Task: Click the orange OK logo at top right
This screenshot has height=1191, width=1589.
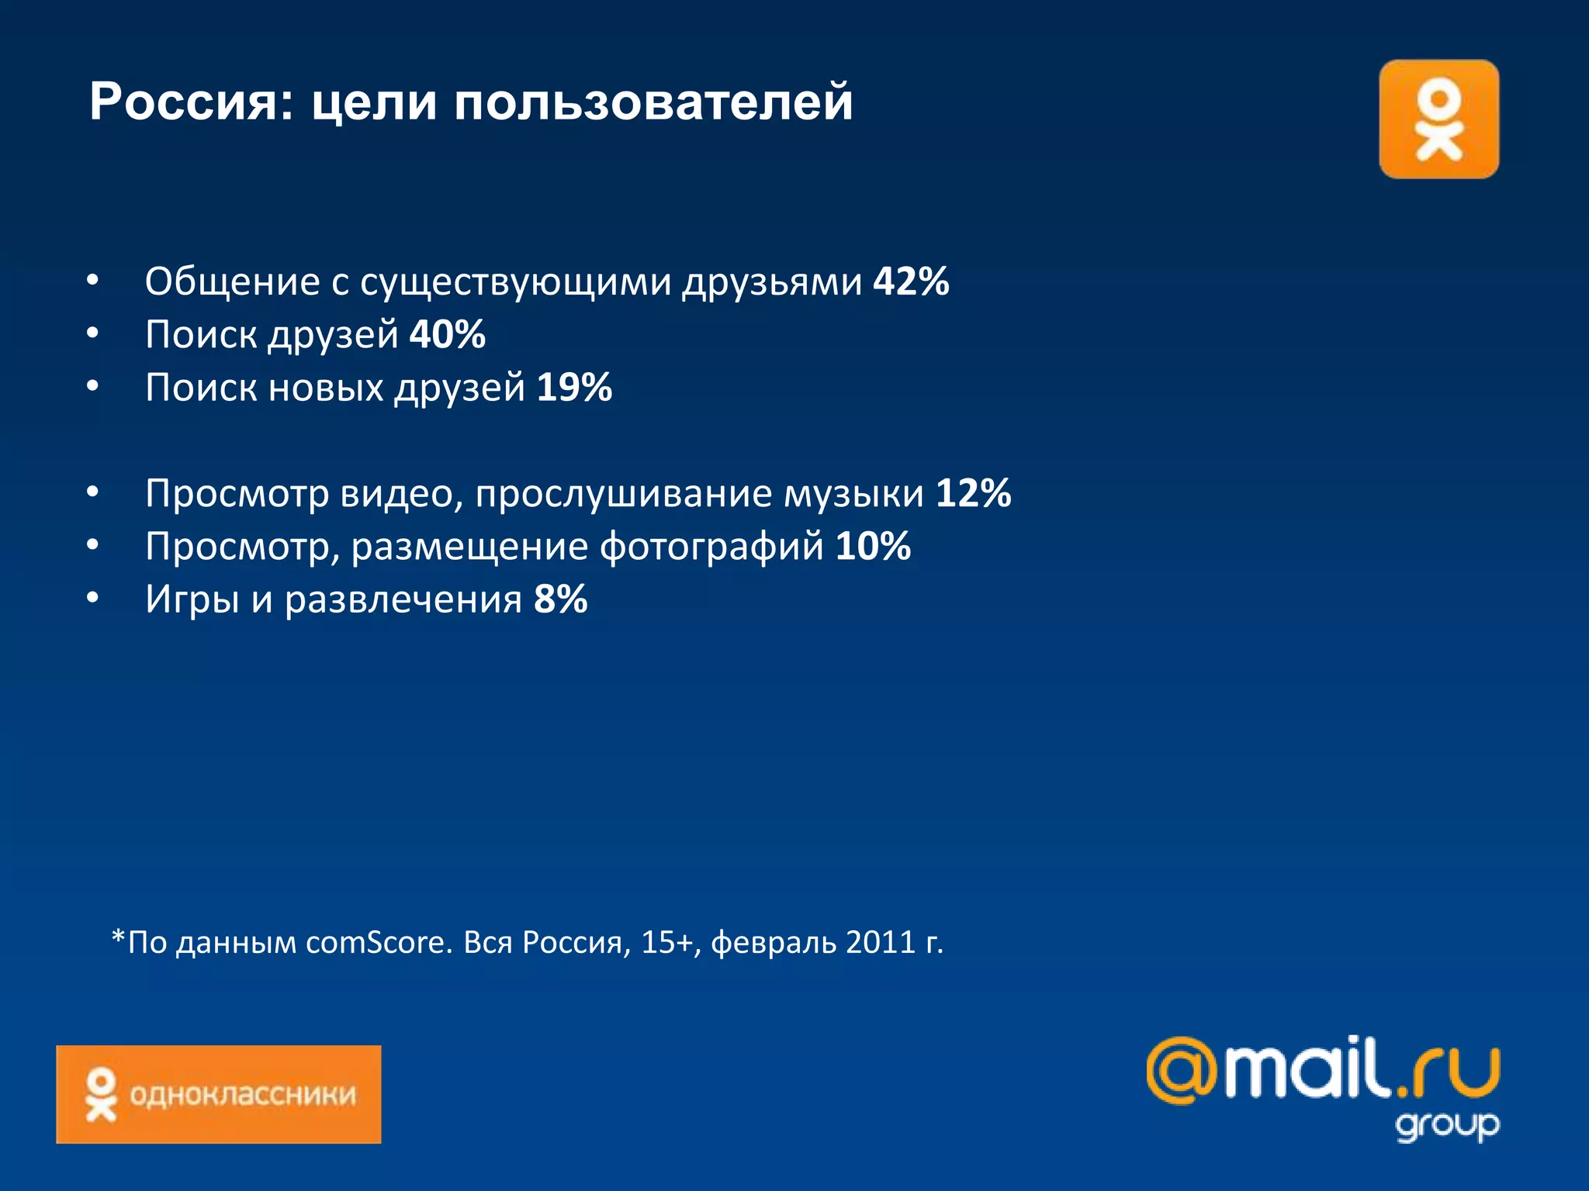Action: pos(1438,119)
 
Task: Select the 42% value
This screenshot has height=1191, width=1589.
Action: pos(911,281)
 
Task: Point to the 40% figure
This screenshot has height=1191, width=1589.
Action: pos(448,335)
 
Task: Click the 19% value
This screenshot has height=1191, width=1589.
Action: pos(574,388)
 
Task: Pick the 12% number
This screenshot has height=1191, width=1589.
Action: pos(973,493)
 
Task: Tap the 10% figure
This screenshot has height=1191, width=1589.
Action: pos(873,547)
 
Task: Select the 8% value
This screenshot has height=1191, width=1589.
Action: pos(560,599)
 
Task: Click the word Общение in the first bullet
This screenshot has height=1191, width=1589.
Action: pos(232,281)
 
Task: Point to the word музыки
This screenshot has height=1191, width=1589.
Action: pos(853,495)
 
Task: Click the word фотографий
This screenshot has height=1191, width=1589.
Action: pos(711,547)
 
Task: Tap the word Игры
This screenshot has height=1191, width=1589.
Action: pos(192,600)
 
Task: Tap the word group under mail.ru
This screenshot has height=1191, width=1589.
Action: pos(1447,1125)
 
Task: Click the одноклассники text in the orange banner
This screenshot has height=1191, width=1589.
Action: pos(242,1094)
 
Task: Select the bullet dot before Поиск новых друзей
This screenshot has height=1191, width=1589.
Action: pos(92,386)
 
